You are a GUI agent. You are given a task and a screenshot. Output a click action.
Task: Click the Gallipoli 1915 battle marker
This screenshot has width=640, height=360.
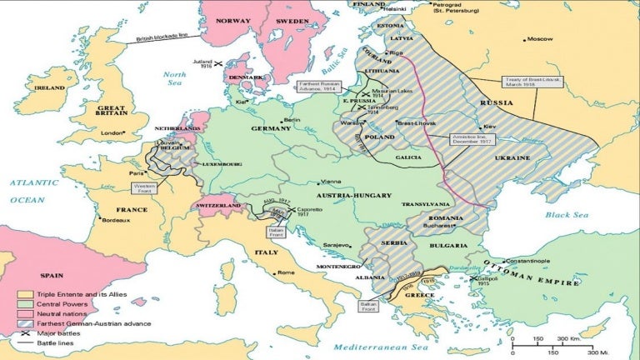click(472, 278)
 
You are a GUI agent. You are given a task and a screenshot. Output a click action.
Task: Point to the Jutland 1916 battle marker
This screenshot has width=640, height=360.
click(217, 63)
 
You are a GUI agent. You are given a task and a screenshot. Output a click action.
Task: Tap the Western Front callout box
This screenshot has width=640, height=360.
click(144, 188)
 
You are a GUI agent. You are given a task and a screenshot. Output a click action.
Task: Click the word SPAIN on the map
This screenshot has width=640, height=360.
click(52, 272)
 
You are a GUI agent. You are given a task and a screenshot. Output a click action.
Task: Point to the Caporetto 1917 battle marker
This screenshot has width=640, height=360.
click(293, 210)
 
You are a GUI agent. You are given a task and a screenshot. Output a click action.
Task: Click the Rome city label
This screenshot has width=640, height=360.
click(286, 272)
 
